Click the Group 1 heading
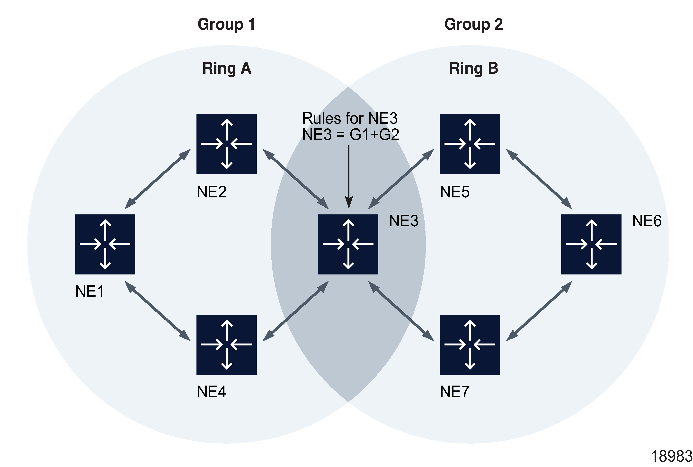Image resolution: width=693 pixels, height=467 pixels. [x=226, y=24]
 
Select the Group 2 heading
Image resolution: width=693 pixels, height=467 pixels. [x=473, y=24]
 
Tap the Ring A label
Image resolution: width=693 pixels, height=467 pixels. [x=227, y=69]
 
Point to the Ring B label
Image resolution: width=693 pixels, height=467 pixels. [x=473, y=69]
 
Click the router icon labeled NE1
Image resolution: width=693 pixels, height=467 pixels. [x=105, y=244]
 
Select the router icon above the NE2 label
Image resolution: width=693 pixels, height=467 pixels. [x=226, y=144]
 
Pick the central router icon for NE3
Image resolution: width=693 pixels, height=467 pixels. [x=348, y=244]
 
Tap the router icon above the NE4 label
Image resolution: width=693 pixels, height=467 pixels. [x=226, y=344]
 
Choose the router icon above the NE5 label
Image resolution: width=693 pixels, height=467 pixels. [x=469, y=144]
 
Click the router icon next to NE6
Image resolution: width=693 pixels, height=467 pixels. [x=591, y=244]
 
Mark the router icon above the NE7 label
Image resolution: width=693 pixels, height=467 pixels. [x=469, y=344]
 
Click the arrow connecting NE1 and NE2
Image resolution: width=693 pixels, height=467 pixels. [x=157, y=179]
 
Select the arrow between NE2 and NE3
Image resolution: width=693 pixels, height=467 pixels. [x=295, y=179]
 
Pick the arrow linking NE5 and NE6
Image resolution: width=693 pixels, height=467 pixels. [x=539, y=179]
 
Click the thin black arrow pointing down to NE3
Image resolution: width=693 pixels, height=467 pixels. [x=349, y=176]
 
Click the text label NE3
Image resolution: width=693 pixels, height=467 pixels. [x=404, y=221]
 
